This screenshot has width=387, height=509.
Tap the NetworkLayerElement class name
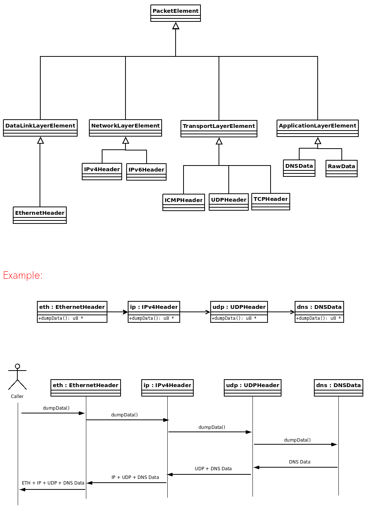125,126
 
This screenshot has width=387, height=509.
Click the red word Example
23,275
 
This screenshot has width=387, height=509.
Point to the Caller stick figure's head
17,366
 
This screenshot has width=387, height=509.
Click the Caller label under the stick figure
17,397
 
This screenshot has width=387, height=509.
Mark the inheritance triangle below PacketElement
176,26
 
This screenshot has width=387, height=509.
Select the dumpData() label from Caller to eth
56,408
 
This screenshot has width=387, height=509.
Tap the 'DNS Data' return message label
300,462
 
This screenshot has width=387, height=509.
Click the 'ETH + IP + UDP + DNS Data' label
53,483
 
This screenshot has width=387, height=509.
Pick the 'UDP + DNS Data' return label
213,469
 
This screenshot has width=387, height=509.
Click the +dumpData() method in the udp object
234,318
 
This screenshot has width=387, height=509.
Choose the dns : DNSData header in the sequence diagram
338,385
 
